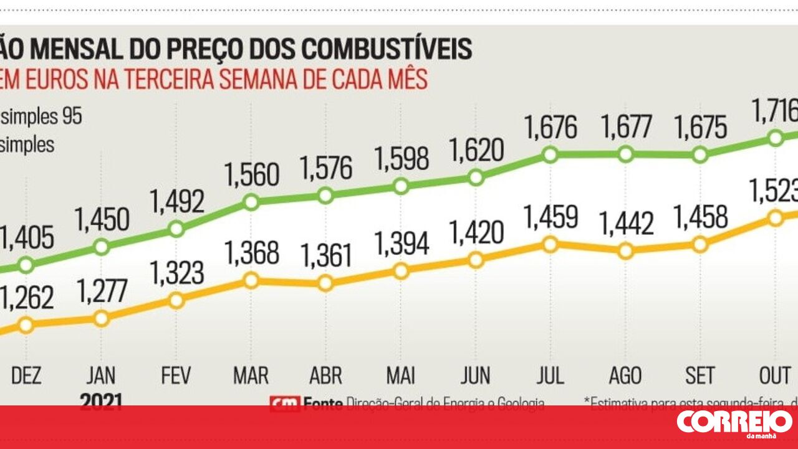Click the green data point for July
pyautogui.click(x=550, y=154)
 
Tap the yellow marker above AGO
pyautogui.click(x=625, y=251)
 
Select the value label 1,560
pyautogui.click(x=252, y=175)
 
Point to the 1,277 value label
pyautogui.click(x=102, y=291)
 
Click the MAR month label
pyautogui.click(x=251, y=376)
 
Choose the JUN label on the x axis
pyautogui.click(x=475, y=376)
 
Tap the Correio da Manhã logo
pyautogui.click(x=734, y=423)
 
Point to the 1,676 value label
pyautogui.click(x=550, y=128)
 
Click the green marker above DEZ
pyautogui.click(x=26, y=265)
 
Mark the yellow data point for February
pyautogui.click(x=176, y=301)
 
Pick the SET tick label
pyautogui.click(x=699, y=376)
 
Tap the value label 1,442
pyautogui.click(x=627, y=224)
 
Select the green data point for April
pyautogui.click(x=325, y=196)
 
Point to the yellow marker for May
pyautogui.click(x=401, y=271)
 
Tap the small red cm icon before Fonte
pyautogui.click(x=284, y=404)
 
